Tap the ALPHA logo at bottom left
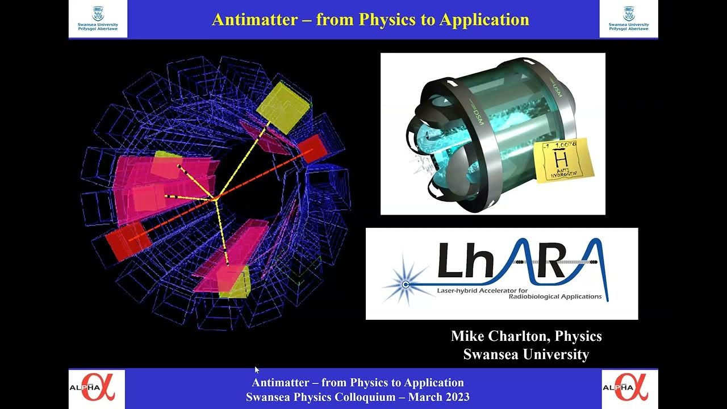(x=93, y=388)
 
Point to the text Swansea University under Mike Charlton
(x=526, y=354)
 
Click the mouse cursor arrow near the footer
(x=257, y=369)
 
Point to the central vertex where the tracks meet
(x=216, y=197)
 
